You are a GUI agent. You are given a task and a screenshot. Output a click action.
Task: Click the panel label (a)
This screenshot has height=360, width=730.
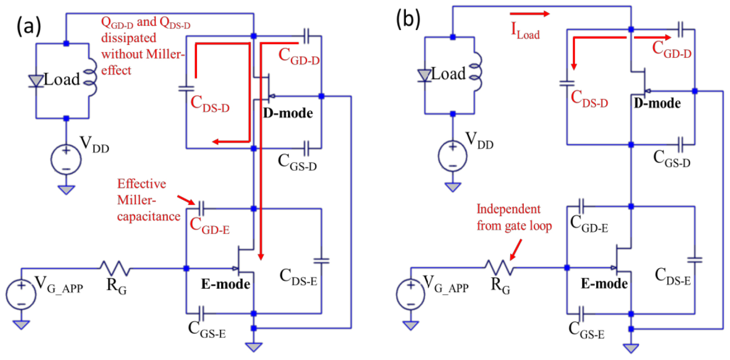pos(28,25)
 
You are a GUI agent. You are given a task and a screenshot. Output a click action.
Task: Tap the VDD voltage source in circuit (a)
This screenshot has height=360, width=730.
pos(66,160)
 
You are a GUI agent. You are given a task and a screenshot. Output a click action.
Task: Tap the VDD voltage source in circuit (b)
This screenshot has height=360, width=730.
pos(452,156)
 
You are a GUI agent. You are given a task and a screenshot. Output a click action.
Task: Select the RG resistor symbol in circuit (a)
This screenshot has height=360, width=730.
pos(115,269)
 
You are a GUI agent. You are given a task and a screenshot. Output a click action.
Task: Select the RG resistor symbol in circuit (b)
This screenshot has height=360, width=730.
pos(499,268)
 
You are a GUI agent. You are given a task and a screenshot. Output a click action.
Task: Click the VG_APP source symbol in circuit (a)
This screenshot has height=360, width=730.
pos(21,295)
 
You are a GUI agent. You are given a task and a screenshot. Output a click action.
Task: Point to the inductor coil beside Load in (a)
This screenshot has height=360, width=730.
pos(91,77)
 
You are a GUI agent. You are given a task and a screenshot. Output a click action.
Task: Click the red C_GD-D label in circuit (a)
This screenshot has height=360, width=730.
pos(299,56)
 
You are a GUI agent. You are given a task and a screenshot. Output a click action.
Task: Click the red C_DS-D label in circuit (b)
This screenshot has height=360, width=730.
pos(589,99)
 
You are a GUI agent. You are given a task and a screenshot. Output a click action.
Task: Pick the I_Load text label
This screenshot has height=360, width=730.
pos(525,31)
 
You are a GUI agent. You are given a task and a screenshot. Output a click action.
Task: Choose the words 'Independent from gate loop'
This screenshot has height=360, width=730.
pos(514,217)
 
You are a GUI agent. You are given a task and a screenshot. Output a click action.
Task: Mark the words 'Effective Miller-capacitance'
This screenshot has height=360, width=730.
pos(148,200)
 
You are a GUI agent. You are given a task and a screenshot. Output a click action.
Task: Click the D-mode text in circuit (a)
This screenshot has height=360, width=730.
pos(288,113)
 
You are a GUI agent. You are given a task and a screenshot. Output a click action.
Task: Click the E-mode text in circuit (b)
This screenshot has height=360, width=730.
pos(604,284)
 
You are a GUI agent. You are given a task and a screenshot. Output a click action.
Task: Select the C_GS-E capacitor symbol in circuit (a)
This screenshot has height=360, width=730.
pos(202,313)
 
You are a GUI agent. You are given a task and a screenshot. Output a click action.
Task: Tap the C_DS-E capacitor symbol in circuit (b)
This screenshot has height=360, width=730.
pos(695,260)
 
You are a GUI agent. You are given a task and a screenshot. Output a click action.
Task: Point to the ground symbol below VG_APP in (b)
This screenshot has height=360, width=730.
pos(411,325)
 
